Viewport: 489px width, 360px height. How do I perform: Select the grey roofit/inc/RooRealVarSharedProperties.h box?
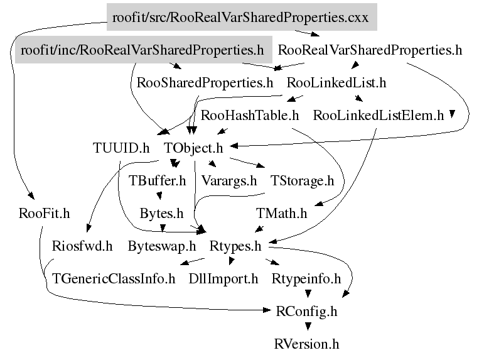142,50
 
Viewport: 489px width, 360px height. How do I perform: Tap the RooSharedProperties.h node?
205,82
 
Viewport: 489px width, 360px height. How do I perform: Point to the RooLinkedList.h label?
336,82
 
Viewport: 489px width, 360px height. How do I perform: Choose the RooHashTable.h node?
250,116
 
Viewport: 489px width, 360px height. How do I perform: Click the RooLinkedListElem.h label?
378,116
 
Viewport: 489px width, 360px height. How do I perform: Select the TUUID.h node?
121,148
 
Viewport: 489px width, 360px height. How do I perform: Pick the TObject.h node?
194,148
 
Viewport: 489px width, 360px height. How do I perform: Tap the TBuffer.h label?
158,181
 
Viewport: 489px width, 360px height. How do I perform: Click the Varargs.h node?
229,181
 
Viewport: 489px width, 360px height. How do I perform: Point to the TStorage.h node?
302,181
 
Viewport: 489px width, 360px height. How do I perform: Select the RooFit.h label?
44,214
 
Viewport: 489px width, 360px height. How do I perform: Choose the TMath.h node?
282,214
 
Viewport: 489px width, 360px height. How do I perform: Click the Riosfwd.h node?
82,246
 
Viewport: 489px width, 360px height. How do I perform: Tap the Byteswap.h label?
162,246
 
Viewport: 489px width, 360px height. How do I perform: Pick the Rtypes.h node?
235,246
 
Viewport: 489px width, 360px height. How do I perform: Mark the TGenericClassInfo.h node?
114,278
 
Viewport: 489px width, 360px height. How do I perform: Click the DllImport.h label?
223,278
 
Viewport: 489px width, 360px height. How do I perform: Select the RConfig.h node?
307,311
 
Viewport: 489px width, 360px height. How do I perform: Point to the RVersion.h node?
307,344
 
